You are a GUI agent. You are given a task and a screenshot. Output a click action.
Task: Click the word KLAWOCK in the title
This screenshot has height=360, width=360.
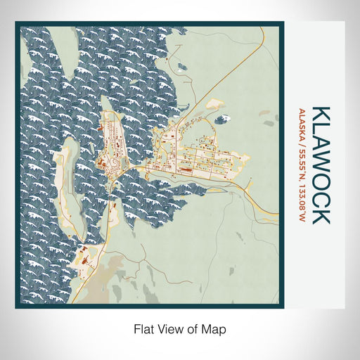(x=320, y=165)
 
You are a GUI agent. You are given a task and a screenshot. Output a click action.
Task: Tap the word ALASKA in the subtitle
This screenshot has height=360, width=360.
(x=303, y=124)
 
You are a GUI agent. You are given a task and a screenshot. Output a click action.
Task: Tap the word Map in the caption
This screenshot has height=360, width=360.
(x=215, y=328)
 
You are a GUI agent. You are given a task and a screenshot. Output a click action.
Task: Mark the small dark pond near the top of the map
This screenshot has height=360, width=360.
(x=181, y=67)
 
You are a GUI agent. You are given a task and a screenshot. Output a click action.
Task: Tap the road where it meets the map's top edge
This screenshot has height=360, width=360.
(x=264, y=30)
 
